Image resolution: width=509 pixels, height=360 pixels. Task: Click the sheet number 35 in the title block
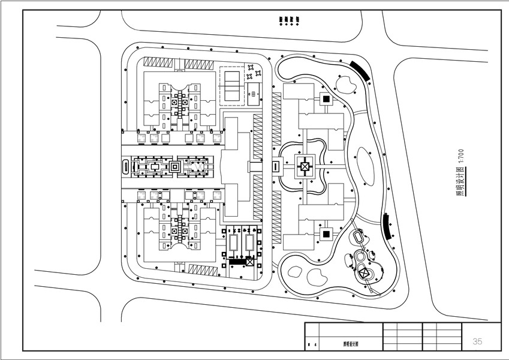[477, 341]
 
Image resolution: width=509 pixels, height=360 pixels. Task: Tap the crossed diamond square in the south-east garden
[364, 273]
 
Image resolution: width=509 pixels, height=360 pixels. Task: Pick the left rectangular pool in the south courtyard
[233, 242]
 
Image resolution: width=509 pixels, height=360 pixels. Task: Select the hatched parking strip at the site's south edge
[203, 269]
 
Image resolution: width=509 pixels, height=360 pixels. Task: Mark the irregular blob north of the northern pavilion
[346, 85]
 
